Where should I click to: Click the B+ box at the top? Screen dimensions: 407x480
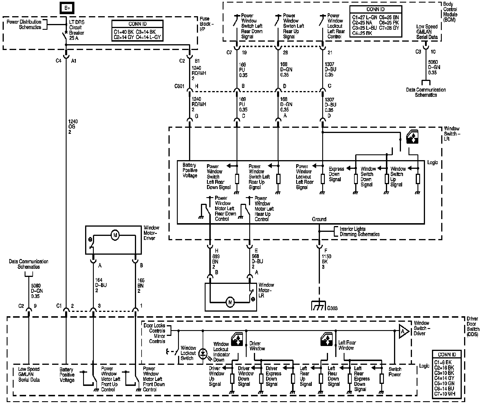tap(67, 8)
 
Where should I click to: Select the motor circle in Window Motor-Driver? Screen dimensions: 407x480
tap(115, 236)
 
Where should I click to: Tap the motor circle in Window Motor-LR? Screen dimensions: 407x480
tap(230, 302)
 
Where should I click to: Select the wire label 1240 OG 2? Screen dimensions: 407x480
tap(73, 127)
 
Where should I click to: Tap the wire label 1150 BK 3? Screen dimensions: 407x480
tap(327, 262)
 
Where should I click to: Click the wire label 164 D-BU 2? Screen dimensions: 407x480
tap(101, 285)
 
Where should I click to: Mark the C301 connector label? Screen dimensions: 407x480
tap(179, 86)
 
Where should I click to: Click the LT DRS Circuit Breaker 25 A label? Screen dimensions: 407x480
tap(77, 30)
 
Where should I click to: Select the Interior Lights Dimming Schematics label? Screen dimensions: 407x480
tap(359, 232)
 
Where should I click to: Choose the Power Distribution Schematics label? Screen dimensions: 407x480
tap(24, 25)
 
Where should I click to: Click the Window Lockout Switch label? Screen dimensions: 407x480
tap(188, 353)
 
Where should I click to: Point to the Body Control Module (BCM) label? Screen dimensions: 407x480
tap(450, 12)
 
